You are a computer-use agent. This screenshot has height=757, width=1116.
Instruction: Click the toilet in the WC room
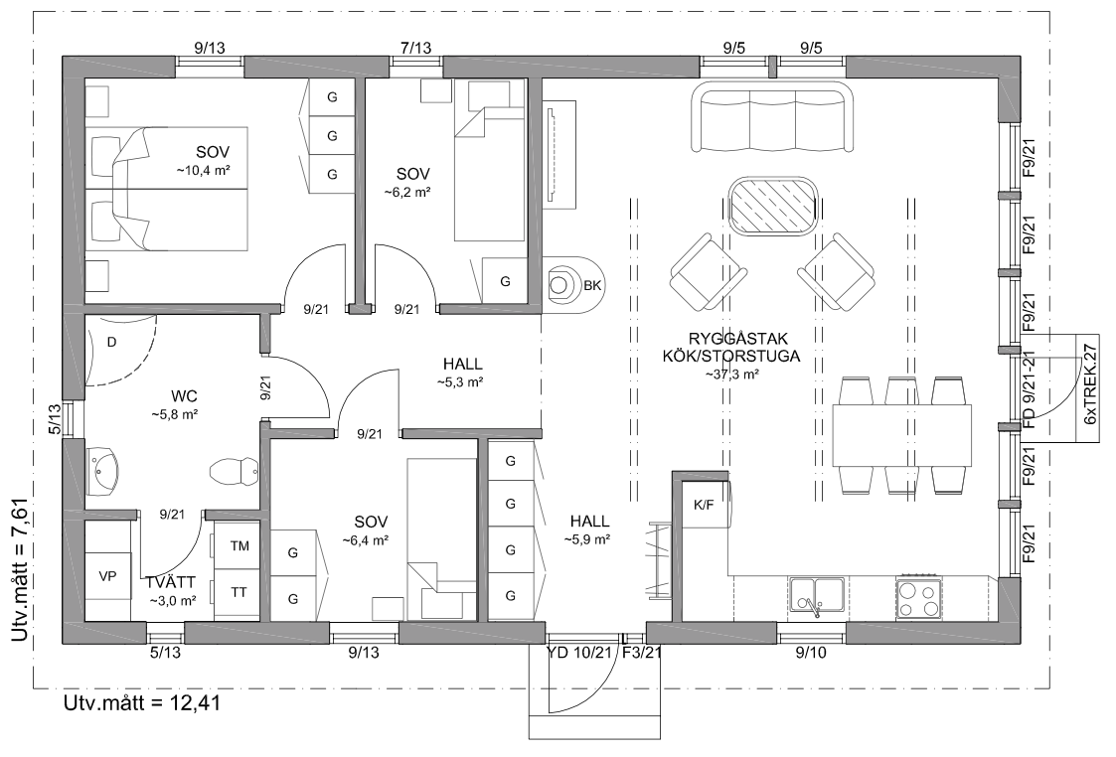(235, 471)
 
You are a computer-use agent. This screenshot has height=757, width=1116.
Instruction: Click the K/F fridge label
(704, 505)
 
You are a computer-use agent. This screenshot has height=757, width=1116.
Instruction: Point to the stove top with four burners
(918, 598)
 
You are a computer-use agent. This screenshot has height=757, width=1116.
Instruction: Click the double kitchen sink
(816, 598)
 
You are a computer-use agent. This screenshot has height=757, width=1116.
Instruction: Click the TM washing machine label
(239, 546)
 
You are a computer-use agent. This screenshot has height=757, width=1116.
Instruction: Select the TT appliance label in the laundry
(239, 592)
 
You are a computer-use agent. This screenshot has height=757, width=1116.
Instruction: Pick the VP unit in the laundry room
(107, 576)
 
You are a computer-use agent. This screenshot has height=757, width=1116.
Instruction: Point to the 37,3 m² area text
(731, 375)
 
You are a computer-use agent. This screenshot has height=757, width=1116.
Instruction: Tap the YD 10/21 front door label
(579, 653)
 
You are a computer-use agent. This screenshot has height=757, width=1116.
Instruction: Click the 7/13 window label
(415, 49)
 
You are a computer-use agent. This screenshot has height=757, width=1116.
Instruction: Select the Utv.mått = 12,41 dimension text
(142, 703)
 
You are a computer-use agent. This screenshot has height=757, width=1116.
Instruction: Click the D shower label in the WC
(111, 342)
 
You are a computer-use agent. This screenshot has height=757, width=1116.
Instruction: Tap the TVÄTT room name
(171, 583)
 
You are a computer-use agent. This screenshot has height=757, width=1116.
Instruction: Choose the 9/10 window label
(811, 653)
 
